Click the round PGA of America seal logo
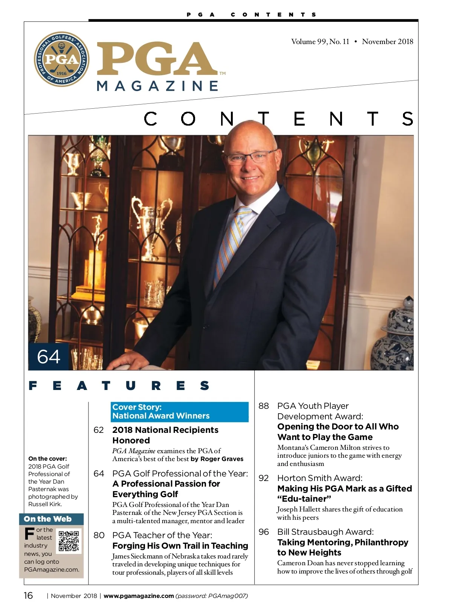[61, 59]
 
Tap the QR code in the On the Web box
[69, 541]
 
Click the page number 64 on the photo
[49, 357]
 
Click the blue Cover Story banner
[180, 411]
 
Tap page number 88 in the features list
[264, 406]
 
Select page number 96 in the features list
[264, 532]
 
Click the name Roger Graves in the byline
[222, 459]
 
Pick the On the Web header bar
[51, 519]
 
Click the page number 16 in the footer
[28, 595]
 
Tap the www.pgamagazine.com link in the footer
[139, 596]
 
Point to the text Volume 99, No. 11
[320, 42]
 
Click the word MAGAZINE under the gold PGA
[157, 86]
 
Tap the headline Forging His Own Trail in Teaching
[180, 546]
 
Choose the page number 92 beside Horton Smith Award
[264, 478]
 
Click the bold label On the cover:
[47, 458]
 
